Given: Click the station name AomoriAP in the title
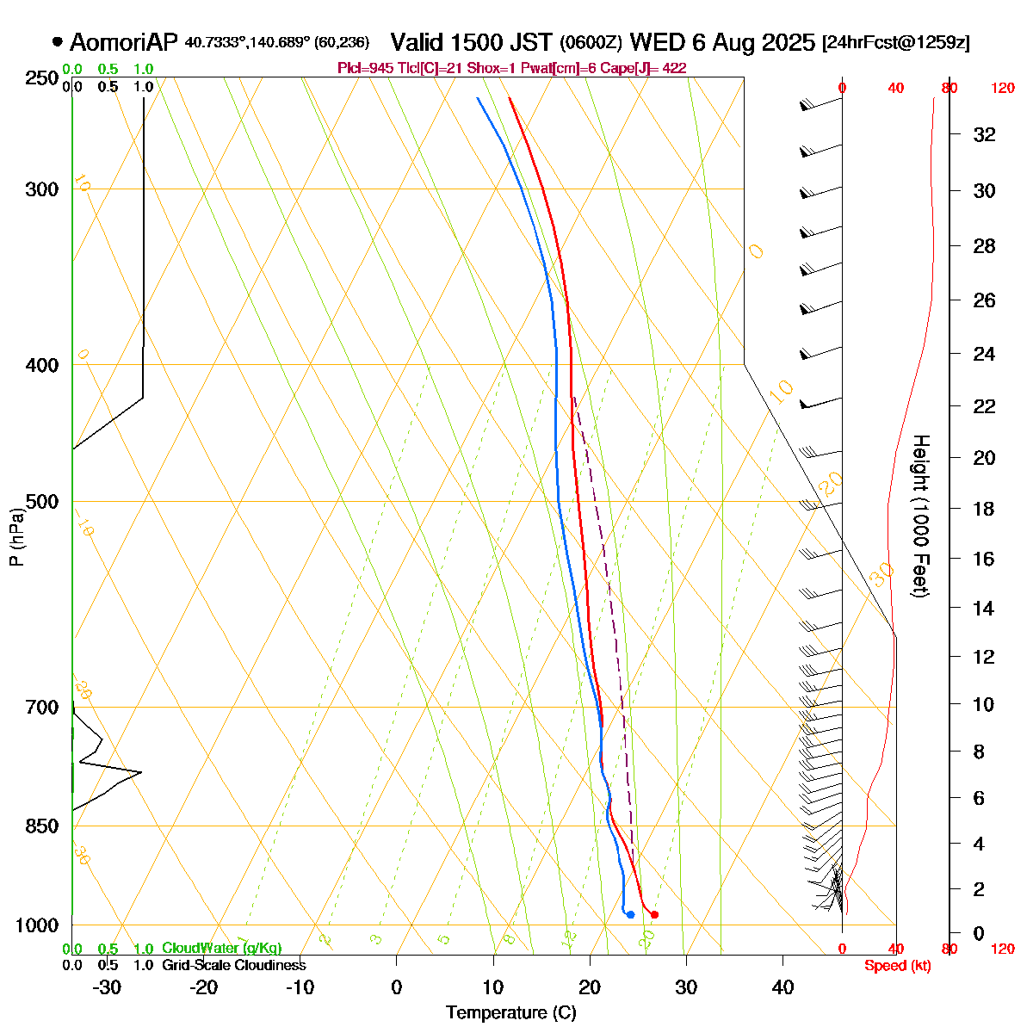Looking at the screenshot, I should tap(124, 42).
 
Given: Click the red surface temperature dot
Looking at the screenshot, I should tap(655, 914).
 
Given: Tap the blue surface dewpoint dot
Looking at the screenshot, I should tap(631, 914).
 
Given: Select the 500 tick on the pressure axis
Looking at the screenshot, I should tap(43, 501).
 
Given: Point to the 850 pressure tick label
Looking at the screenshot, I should tap(43, 826).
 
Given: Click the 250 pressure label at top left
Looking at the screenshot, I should tap(43, 78).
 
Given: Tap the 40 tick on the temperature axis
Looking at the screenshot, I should tap(782, 987).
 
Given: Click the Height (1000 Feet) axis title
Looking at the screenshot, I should tap(920, 516).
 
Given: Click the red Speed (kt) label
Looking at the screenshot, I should tap(898, 966).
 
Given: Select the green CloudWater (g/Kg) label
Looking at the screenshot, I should tap(221, 948).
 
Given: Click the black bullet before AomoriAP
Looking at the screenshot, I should tap(58, 41).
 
